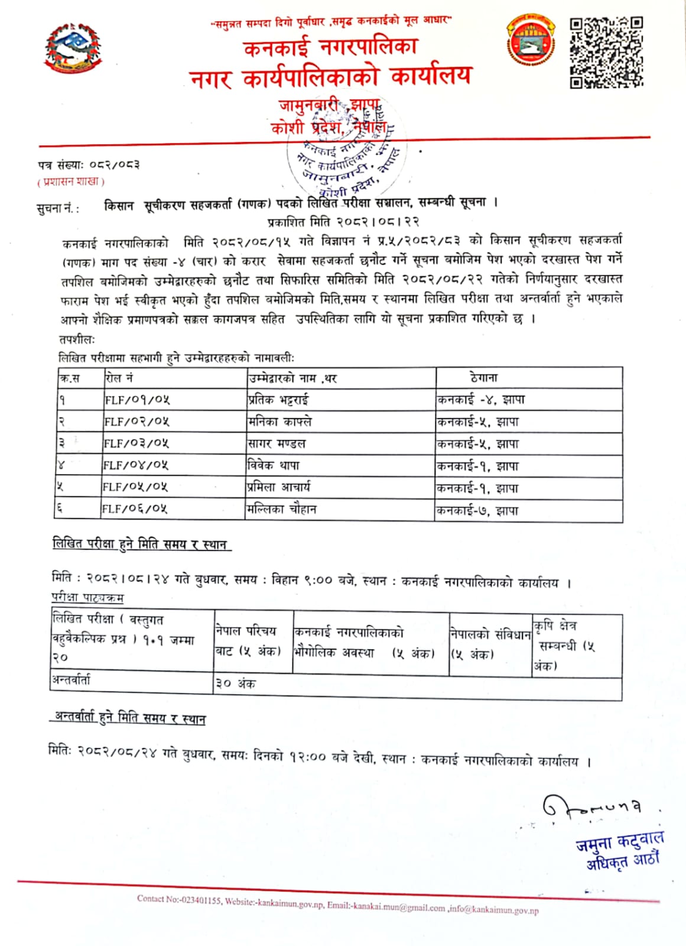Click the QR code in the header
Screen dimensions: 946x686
pyautogui.click(x=606, y=53)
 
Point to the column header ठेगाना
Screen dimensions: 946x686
pyautogui.click(x=484, y=378)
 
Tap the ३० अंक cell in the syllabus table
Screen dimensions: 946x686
pyautogui.click(x=236, y=684)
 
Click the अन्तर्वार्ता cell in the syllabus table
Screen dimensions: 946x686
pyautogui.click(x=71, y=681)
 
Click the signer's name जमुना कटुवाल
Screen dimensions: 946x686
pyautogui.click(x=620, y=840)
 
